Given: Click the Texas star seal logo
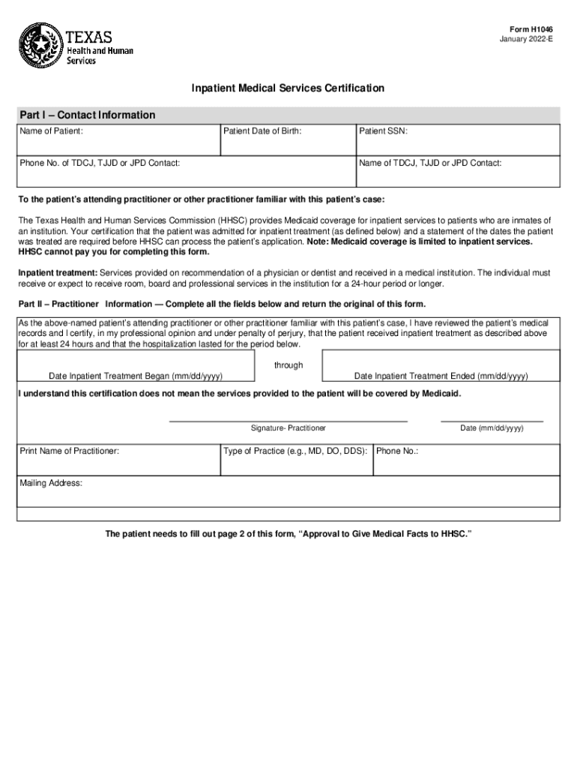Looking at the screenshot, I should pos(40,45).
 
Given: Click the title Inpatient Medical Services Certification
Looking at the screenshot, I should pos(288,88).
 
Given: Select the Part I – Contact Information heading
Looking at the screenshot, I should pos(88,115).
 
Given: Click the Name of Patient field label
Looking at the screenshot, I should pos(52,131).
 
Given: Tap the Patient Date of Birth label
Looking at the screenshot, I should pos(262,131).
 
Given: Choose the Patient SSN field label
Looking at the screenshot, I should pos(383,131).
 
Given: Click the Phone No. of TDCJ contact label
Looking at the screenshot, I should pos(100,163).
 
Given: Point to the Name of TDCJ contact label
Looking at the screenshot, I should pos(430,163).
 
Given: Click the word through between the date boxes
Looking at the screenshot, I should pos(288,365).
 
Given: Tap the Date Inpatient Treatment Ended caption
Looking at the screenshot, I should pos(441,376).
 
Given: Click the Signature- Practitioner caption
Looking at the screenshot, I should pos(288,427).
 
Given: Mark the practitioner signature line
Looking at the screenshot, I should pos(288,421).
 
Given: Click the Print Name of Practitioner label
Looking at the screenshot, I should pos(69,451).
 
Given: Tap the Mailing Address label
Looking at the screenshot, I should pos(51,483).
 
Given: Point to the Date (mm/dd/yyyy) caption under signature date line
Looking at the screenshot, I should pos(492,427).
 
